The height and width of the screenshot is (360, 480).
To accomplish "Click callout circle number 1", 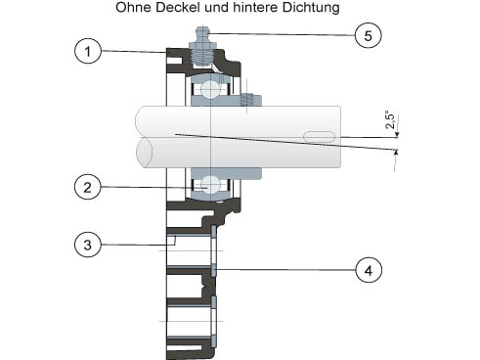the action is pyautogui.click(x=88, y=51).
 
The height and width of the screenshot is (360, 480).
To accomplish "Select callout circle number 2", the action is pyautogui.click(x=87, y=187).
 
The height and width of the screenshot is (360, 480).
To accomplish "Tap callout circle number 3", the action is pyautogui.click(x=87, y=245).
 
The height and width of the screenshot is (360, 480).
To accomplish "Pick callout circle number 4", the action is pyautogui.click(x=369, y=270).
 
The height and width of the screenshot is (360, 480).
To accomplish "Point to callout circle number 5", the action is pyautogui.click(x=368, y=35).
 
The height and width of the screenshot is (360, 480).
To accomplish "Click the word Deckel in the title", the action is pyautogui.click(x=177, y=8).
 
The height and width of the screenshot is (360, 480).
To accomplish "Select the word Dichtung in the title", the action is pyautogui.click(x=311, y=8).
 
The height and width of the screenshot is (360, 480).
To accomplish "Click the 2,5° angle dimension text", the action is pyautogui.click(x=390, y=120).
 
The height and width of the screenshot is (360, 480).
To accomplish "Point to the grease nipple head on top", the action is pyautogui.click(x=202, y=35).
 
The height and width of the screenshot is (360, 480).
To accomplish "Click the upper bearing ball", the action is pyautogui.click(x=210, y=89).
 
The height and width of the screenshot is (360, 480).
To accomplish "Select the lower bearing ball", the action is pyautogui.click(x=210, y=185).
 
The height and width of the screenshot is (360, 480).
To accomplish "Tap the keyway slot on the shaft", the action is pyautogui.click(x=319, y=137).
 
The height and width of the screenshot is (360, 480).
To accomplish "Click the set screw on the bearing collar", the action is pyautogui.click(x=247, y=100).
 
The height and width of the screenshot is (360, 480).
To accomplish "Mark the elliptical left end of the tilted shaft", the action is pyautogui.click(x=144, y=153).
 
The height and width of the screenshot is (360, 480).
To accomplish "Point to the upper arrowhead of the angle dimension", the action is pyautogui.click(x=397, y=134).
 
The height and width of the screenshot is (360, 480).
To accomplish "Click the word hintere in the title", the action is pyautogui.click(x=255, y=8).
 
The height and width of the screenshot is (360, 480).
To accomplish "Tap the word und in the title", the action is pyautogui.click(x=216, y=8).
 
